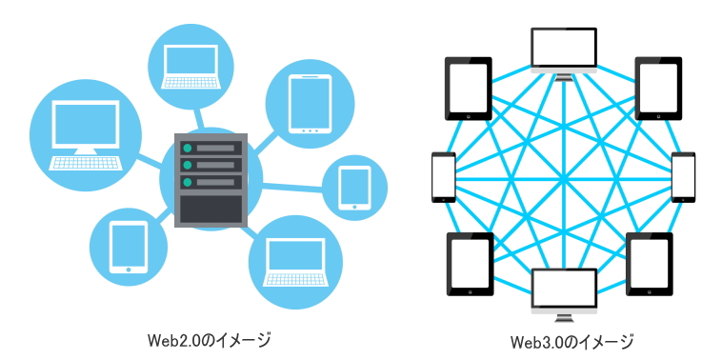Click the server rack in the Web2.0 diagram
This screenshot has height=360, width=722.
(210, 182)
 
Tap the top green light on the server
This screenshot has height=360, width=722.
(189, 148)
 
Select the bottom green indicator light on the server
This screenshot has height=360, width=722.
(189, 181)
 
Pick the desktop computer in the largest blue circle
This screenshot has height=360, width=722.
(85, 133)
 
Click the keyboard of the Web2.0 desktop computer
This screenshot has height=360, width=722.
(85, 163)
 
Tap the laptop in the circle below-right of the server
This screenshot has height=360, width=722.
(295, 261)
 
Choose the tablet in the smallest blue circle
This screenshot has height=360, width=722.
(354, 188)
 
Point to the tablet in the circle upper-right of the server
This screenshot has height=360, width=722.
(310, 102)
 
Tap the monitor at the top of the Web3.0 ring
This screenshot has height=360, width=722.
(564, 51)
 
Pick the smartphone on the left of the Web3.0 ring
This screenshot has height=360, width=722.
(444, 176)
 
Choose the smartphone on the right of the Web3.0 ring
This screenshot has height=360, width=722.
(684, 176)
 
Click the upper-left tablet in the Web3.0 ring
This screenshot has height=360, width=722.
(469, 87)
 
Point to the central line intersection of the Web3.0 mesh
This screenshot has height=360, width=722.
(564, 177)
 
